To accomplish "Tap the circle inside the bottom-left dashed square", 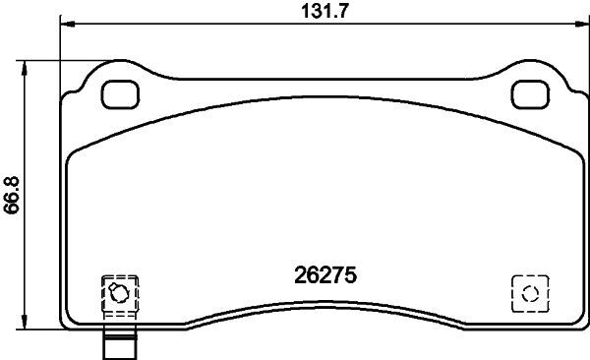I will [117, 292].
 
